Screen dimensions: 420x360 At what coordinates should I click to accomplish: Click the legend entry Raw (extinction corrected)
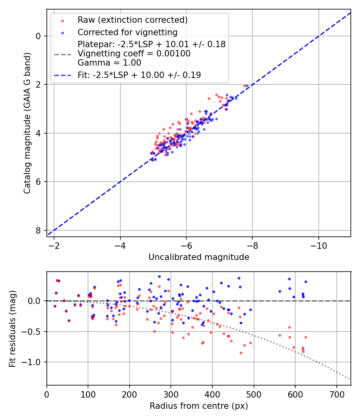[132, 20]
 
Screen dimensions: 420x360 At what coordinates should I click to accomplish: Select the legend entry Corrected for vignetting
[128, 32]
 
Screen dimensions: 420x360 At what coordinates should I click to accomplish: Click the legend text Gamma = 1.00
[109, 63]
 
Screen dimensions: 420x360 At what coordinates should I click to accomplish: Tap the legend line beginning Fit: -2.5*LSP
[139, 75]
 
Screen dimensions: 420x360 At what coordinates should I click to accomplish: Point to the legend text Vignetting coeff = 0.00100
[134, 54]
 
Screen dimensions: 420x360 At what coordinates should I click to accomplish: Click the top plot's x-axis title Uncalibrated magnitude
[199, 257]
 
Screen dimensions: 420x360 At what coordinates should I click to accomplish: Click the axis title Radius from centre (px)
[199, 406]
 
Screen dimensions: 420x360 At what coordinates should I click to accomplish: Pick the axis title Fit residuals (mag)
[12, 328]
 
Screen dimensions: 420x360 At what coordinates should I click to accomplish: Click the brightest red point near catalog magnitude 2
[245, 86]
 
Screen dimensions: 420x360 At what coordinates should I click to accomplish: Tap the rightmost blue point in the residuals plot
[306, 282]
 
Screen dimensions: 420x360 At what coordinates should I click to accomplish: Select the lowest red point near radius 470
[241, 353]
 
